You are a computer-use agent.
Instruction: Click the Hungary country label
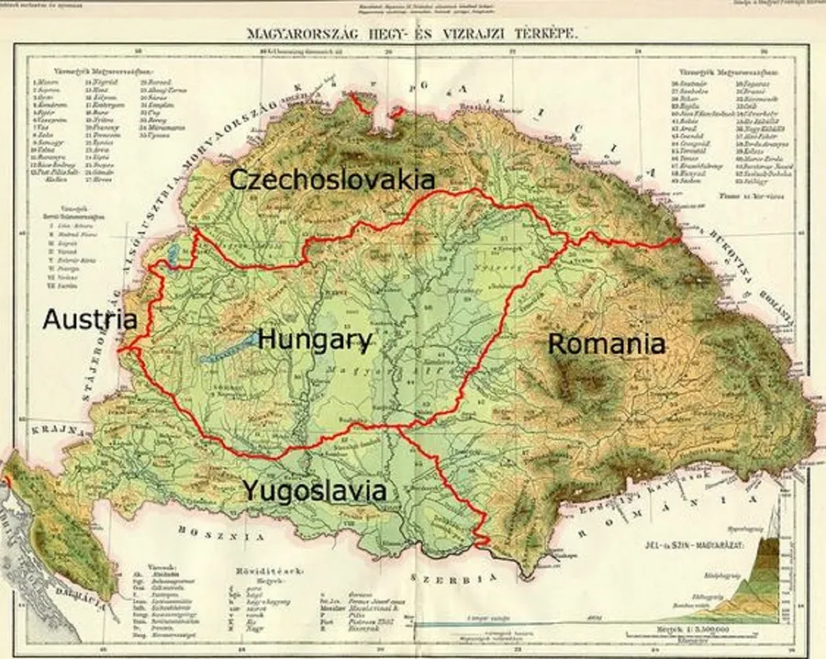click(315, 341)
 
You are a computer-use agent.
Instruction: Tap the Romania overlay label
click(606, 344)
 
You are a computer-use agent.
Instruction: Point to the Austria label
click(90, 320)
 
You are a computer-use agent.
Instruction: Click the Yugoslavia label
click(314, 490)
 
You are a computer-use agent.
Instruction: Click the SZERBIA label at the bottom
click(453, 578)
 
